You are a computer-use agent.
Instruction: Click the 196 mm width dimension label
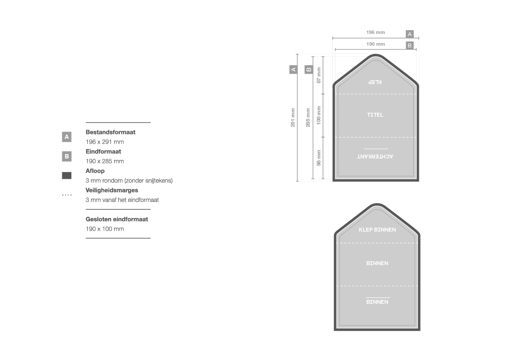375,33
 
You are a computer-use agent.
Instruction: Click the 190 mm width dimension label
375,44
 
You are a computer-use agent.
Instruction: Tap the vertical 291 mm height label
293,118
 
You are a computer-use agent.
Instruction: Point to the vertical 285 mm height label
308,118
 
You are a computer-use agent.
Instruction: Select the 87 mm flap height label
319,75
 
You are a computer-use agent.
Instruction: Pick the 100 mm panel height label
319,115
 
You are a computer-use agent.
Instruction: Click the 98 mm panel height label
319,158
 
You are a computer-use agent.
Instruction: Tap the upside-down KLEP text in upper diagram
375,82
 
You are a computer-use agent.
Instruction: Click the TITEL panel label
375,115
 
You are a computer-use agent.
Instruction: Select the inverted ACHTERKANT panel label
375,156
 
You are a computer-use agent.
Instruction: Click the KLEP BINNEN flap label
377,230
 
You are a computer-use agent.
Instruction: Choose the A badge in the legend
67,137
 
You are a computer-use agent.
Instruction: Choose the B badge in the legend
67,156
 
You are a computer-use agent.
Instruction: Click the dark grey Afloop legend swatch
67,175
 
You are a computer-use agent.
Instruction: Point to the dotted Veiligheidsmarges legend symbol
67,195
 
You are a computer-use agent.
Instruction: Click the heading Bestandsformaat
110,132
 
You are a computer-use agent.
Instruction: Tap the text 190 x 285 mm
104,161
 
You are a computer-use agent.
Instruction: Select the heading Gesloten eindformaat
117,219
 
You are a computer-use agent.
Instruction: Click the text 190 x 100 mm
104,229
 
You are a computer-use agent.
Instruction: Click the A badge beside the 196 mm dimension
410,34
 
